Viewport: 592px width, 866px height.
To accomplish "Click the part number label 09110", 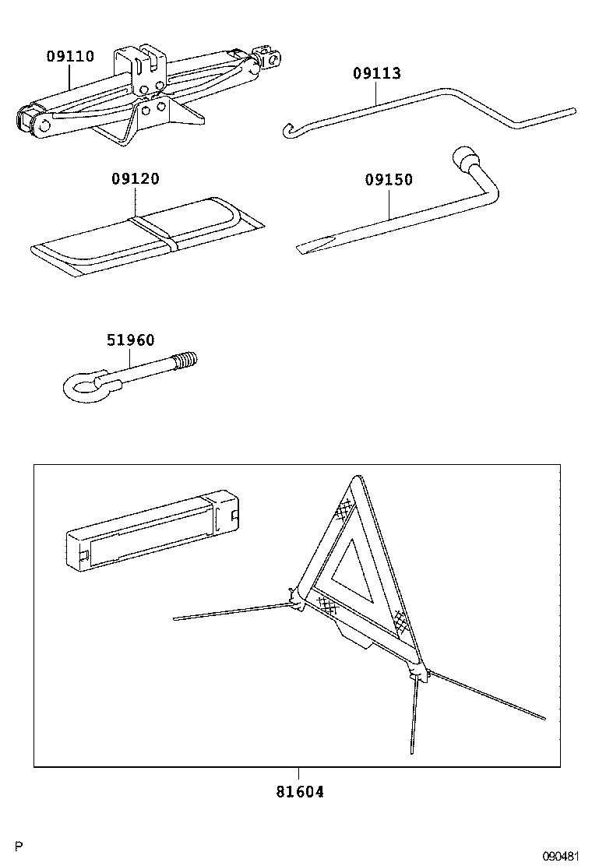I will click(69, 56).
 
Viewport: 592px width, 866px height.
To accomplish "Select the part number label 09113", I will click(376, 74).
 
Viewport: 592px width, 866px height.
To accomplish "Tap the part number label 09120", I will click(135, 179).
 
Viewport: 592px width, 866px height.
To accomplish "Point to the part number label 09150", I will click(389, 180).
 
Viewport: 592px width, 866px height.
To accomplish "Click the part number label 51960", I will click(130, 340).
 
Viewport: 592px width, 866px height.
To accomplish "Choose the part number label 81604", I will click(299, 792).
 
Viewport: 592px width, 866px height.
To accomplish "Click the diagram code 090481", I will click(562, 856).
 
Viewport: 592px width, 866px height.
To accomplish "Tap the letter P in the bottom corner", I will click(19, 846).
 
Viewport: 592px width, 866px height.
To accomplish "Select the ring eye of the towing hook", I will click(79, 386).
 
